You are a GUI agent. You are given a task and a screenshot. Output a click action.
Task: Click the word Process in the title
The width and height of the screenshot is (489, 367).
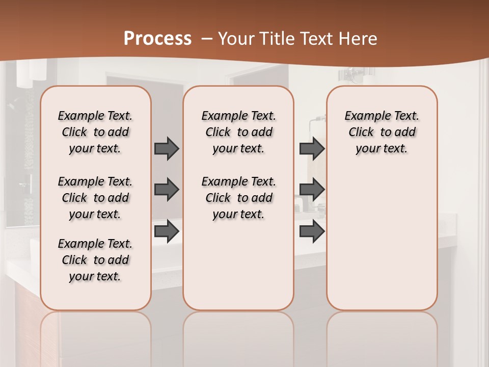(x=157, y=39)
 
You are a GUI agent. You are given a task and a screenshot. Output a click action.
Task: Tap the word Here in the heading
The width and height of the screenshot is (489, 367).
(x=359, y=39)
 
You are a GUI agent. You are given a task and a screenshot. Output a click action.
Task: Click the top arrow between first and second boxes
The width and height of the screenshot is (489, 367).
(x=167, y=148)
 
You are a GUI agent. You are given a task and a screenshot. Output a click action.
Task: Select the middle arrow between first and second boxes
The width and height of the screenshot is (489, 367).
(x=167, y=190)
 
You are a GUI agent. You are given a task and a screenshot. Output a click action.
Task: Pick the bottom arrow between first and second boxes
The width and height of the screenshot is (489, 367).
(x=167, y=231)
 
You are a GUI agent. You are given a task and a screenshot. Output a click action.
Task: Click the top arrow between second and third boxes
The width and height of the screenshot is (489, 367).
(x=312, y=148)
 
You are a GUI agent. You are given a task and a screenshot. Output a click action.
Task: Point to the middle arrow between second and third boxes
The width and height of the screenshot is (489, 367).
(x=312, y=190)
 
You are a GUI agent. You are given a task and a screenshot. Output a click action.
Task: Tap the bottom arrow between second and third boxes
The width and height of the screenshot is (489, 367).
(x=312, y=231)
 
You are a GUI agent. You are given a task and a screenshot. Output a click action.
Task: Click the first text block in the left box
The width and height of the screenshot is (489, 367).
(x=95, y=132)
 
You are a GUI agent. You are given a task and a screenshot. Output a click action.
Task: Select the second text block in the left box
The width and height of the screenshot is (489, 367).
(x=95, y=198)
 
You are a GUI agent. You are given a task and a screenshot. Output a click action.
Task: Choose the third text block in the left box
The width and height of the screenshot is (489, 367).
(x=95, y=260)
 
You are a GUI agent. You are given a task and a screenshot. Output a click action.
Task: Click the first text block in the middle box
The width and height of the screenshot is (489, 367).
(x=238, y=132)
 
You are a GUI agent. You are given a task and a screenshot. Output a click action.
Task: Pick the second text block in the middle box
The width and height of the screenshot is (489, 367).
(x=238, y=198)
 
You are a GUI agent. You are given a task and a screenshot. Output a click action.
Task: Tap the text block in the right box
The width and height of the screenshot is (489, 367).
(x=382, y=132)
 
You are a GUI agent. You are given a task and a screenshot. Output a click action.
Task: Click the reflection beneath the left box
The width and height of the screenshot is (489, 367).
(x=95, y=336)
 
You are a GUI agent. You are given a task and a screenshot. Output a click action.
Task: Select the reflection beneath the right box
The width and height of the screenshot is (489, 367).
(x=382, y=336)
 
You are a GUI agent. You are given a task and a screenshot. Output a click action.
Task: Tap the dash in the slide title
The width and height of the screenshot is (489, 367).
(x=206, y=39)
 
